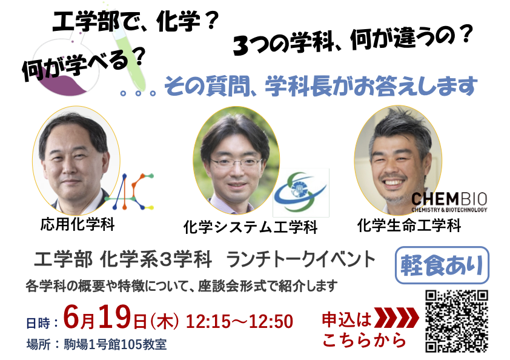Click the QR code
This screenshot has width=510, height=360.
point(457,321)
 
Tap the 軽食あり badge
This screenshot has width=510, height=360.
point(442,265)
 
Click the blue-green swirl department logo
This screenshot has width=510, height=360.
point(300,192)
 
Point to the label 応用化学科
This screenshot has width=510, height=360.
point(78,224)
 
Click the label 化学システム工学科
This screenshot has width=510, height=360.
point(250,227)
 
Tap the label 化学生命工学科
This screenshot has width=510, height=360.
point(409,225)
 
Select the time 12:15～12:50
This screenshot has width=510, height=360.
point(239,321)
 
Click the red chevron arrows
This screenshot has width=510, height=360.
point(397,317)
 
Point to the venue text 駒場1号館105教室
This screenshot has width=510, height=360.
point(115,344)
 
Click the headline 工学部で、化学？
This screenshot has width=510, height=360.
point(134,21)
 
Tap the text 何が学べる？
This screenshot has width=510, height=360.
point(83,64)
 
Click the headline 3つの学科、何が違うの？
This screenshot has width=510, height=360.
point(353,41)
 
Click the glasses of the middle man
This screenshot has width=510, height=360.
point(236,161)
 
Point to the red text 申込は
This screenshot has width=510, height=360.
point(346,319)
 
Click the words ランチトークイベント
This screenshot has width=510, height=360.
point(300,259)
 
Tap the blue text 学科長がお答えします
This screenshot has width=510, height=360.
point(371,86)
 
